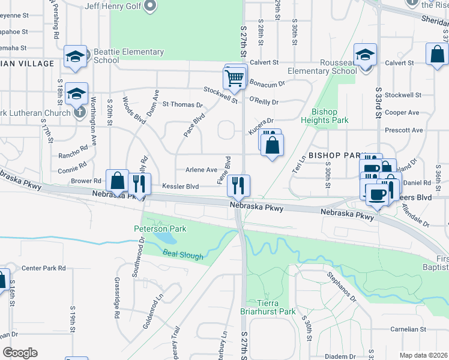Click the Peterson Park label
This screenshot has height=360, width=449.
click(160, 229)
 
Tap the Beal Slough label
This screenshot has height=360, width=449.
click(183, 256)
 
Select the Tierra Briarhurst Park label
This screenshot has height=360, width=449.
click(276, 307)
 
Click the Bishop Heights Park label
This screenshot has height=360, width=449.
click(330, 116)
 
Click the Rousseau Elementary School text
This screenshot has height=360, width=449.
click(322, 67)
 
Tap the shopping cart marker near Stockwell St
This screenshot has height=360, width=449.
click(235, 77)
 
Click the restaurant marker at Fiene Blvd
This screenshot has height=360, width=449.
click(240, 185)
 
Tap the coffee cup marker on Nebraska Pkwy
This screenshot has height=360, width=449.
click(376, 194)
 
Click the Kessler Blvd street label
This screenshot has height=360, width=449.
click(180, 187)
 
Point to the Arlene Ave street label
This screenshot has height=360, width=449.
click(201, 170)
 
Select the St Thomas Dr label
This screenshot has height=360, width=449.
click(178, 104)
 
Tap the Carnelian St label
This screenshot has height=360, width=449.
click(407, 329)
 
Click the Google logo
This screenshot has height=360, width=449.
click(20, 353)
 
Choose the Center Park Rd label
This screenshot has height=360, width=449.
click(43, 268)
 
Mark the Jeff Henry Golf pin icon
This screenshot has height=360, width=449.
click(151, 7)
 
